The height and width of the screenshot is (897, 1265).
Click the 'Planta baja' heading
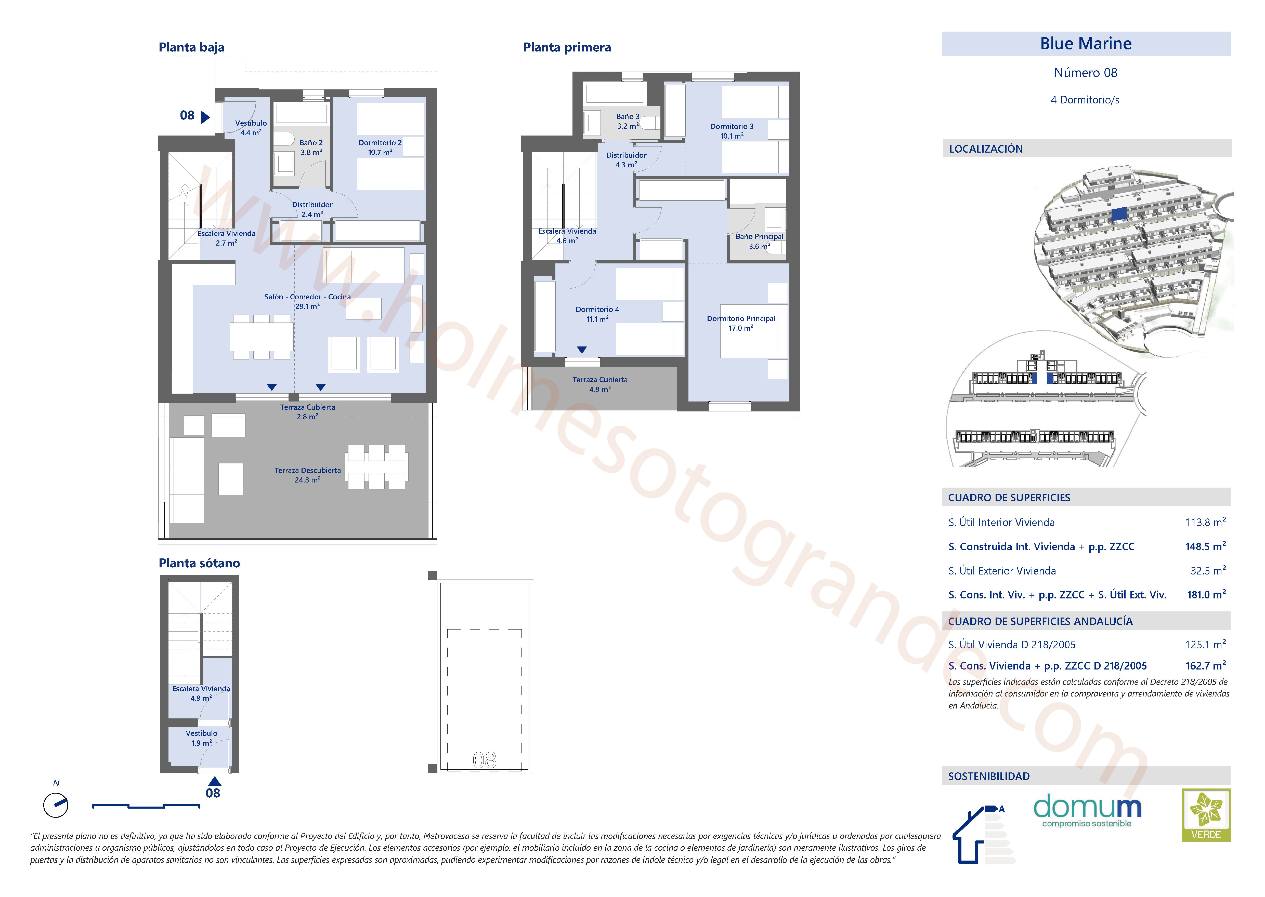pos(191,47)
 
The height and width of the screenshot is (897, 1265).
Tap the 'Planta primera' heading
pos(567,47)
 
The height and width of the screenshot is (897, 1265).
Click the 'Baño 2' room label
pos(311,142)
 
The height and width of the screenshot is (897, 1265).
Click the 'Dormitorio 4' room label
pos(597,309)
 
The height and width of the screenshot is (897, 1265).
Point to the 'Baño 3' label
pos(628,116)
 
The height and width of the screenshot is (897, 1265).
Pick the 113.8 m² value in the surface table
pos(1205,522)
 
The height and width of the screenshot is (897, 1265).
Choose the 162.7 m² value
pos(1205,666)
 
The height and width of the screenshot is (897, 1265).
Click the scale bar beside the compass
pos(146,806)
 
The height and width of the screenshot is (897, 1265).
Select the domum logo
pos(1087,810)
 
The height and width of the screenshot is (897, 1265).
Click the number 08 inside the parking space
pos(484,760)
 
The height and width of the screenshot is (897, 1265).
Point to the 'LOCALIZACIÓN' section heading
pos(986,149)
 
